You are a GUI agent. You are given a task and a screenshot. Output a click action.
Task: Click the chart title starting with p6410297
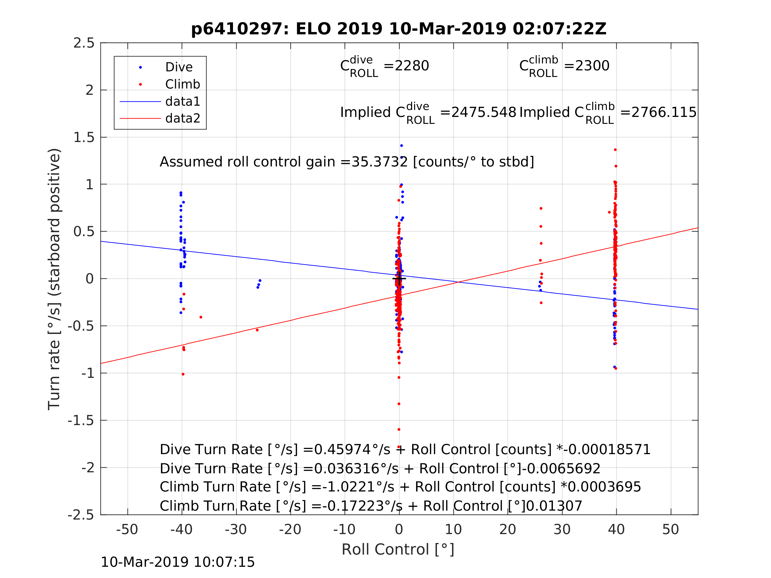[399, 29]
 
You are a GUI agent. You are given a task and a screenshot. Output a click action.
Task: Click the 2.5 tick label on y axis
[84, 43]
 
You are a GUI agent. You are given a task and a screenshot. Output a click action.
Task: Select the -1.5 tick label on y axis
[81, 421]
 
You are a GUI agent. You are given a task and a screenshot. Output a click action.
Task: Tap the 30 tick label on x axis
[562, 529]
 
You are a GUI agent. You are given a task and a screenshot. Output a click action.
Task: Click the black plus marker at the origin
[399, 279]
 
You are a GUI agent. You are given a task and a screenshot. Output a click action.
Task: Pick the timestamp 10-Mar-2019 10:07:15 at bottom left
[177, 562]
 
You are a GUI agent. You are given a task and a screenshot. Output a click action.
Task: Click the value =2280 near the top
[406, 66]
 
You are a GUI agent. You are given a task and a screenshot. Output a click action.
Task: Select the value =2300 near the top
[587, 66]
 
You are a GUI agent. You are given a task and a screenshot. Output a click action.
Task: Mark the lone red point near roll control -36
[201, 317]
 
